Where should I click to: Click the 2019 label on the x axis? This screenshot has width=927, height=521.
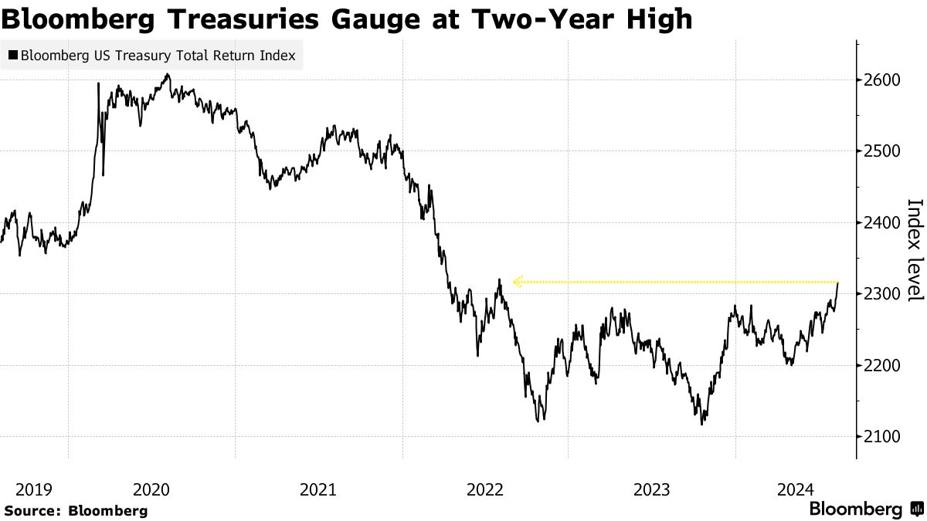coord(33,489)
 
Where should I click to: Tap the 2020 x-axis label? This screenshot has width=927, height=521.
coord(151,489)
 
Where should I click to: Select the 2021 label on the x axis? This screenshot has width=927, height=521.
coord(318,489)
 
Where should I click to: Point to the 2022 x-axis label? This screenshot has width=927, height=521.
coord(486,489)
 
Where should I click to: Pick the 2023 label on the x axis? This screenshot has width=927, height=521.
coord(653,489)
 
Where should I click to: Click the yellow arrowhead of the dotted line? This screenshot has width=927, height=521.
coord(518,282)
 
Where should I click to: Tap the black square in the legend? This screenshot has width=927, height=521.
coord(13,56)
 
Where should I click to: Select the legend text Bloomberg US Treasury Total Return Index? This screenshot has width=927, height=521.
coord(158,56)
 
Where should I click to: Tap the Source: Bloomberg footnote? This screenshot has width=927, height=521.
coord(76,510)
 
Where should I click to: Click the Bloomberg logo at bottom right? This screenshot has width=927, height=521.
coord(865,509)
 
